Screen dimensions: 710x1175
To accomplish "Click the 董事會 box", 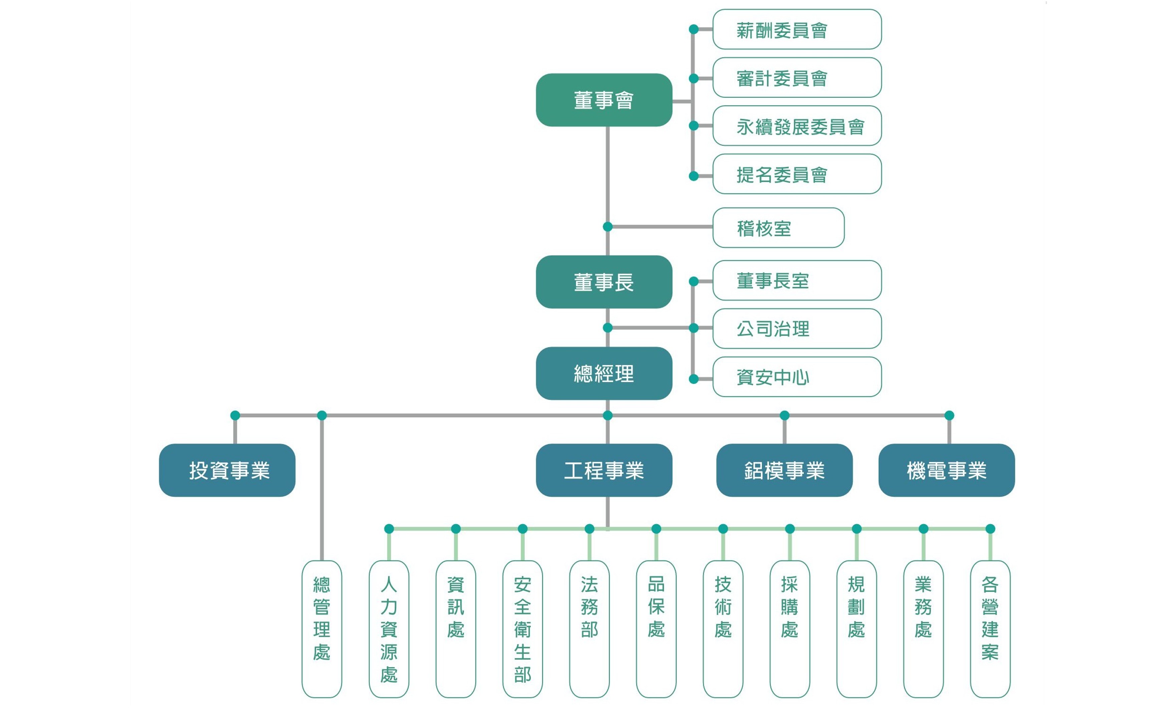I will point(604,100).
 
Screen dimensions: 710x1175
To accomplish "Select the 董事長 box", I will point(604,282).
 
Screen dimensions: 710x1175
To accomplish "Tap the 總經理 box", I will point(604,373).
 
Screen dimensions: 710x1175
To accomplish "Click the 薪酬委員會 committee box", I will point(796,30).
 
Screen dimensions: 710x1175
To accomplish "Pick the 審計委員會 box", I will point(796,78).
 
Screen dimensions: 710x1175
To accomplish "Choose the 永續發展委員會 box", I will point(796,126).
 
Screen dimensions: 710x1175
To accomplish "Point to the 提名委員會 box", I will point(796,174).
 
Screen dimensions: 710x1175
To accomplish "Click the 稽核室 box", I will point(778,228).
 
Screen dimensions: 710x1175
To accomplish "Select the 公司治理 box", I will point(796,328).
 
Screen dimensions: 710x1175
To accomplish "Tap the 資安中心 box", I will point(796,377).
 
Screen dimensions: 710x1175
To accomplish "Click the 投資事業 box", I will point(227,470).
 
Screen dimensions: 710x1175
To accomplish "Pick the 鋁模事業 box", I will point(784,470).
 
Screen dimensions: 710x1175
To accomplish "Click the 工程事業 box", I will point(604,470).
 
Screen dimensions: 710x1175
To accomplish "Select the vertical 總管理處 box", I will point(322,629).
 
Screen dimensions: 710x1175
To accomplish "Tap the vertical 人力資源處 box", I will point(389,629).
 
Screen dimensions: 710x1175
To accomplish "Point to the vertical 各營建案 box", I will point(990,629).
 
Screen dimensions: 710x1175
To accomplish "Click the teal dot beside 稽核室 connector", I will point(608,227).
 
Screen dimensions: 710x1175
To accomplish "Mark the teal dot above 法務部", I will point(590,529).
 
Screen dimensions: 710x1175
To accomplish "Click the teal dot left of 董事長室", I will point(694,282).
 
